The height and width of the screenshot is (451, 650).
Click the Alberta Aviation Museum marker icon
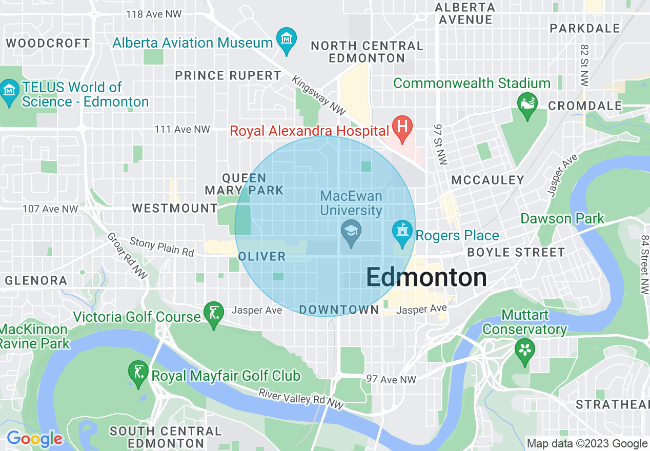287,38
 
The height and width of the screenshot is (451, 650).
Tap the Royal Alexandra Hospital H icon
402,125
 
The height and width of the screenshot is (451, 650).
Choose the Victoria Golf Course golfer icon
214,312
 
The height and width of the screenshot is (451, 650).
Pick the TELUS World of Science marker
10,91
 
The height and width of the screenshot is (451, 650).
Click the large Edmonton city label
426,278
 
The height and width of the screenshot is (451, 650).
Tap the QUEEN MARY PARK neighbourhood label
244,184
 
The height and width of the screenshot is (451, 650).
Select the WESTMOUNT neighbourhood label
175,208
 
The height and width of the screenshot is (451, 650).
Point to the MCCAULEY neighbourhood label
488,180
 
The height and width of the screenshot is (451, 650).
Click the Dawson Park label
562,219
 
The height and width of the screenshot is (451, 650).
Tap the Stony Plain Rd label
162,247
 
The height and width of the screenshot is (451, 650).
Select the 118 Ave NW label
154,14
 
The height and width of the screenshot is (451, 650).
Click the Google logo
34,439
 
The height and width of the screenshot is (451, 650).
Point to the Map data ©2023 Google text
587,444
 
